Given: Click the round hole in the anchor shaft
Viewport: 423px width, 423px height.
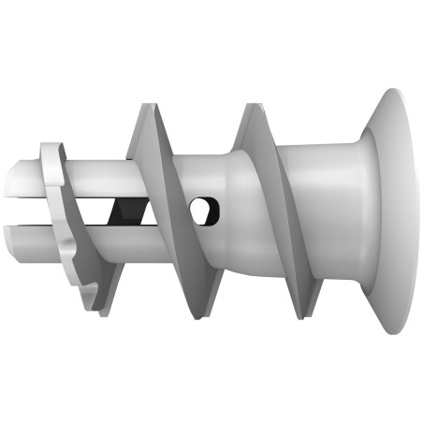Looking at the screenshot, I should click(x=201, y=211).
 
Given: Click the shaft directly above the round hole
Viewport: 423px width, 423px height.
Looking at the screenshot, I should click(x=199, y=173).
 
